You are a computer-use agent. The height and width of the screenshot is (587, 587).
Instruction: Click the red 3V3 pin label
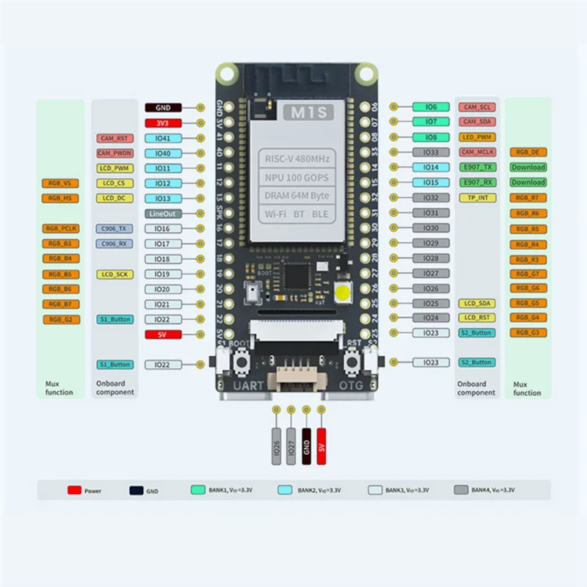(x=163, y=123)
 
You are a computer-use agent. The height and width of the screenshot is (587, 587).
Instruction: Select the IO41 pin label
(x=163, y=138)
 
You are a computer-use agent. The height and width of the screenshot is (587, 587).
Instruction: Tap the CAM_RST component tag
(x=114, y=138)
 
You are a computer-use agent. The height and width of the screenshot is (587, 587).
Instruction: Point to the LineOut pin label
(x=163, y=214)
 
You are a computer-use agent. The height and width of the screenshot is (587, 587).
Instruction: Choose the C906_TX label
(x=114, y=229)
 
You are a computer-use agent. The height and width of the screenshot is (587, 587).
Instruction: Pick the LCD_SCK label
(x=114, y=274)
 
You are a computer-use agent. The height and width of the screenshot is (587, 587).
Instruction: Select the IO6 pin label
(x=431, y=107)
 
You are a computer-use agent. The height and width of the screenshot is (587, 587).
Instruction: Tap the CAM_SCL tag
(x=476, y=107)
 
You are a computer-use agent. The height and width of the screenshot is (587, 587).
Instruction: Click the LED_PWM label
(x=476, y=137)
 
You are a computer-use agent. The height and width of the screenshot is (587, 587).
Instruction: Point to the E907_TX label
(x=476, y=167)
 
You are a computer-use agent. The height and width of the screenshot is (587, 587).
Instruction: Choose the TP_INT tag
(x=476, y=198)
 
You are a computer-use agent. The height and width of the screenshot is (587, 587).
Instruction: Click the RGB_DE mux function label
(x=528, y=153)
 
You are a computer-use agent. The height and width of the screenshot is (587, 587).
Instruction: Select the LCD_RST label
(x=476, y=318)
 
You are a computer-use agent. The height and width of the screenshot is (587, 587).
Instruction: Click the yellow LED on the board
(x=343, y=294)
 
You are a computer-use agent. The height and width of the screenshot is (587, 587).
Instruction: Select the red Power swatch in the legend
(x=74, y=490)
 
